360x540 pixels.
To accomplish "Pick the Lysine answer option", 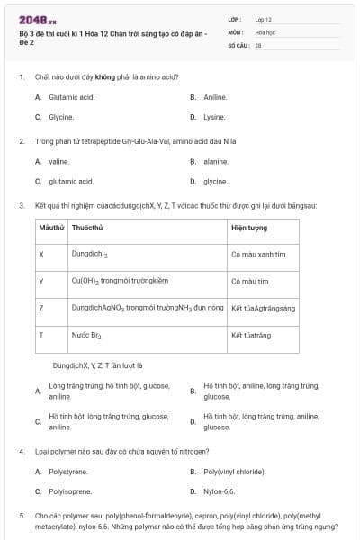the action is pos(213,117).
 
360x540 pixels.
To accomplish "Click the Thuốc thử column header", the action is pos(87,228).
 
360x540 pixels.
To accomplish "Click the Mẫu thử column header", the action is pos(51,228).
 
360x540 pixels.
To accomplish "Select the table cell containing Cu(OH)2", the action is pos(120,281).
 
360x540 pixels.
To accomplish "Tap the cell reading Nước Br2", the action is pos(86,335).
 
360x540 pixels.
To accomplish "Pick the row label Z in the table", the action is pos(41,308).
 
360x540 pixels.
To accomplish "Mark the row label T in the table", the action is pos(41,335).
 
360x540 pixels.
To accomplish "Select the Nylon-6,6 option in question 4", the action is pos(219,491).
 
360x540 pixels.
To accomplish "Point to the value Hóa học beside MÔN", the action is pos(265,31).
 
